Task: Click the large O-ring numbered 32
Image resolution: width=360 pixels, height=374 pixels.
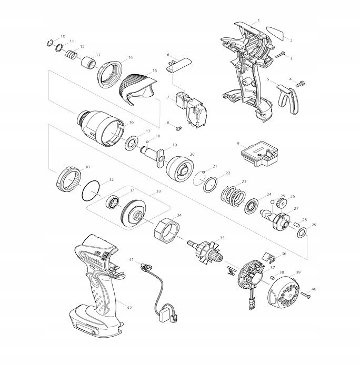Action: tap(93, 190)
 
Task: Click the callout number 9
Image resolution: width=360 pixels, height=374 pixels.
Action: tap(238, 143)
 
